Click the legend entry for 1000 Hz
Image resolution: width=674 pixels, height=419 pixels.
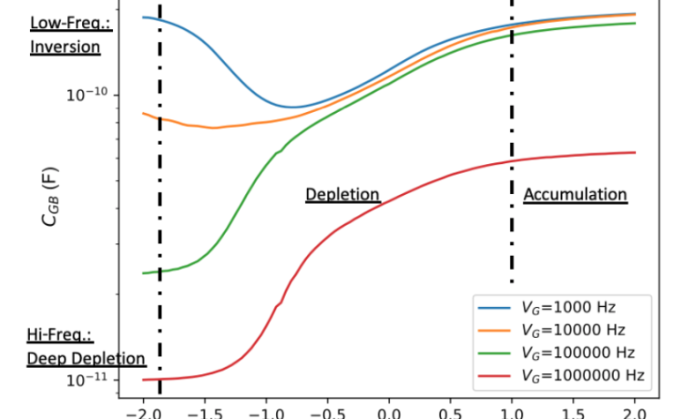tap(569, 305)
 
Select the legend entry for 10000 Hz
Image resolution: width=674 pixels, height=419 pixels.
tap(573, 328)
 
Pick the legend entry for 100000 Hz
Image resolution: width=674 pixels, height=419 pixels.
tap(577, 351)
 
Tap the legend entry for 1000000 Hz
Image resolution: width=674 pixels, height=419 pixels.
tap(580, 373)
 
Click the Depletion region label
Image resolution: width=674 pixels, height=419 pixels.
tap(342, 195)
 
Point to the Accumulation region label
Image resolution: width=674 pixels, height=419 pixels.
tap(575, 195)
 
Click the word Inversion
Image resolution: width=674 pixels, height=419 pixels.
tap(65, 47)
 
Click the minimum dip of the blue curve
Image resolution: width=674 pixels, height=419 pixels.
tap(291, 107)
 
